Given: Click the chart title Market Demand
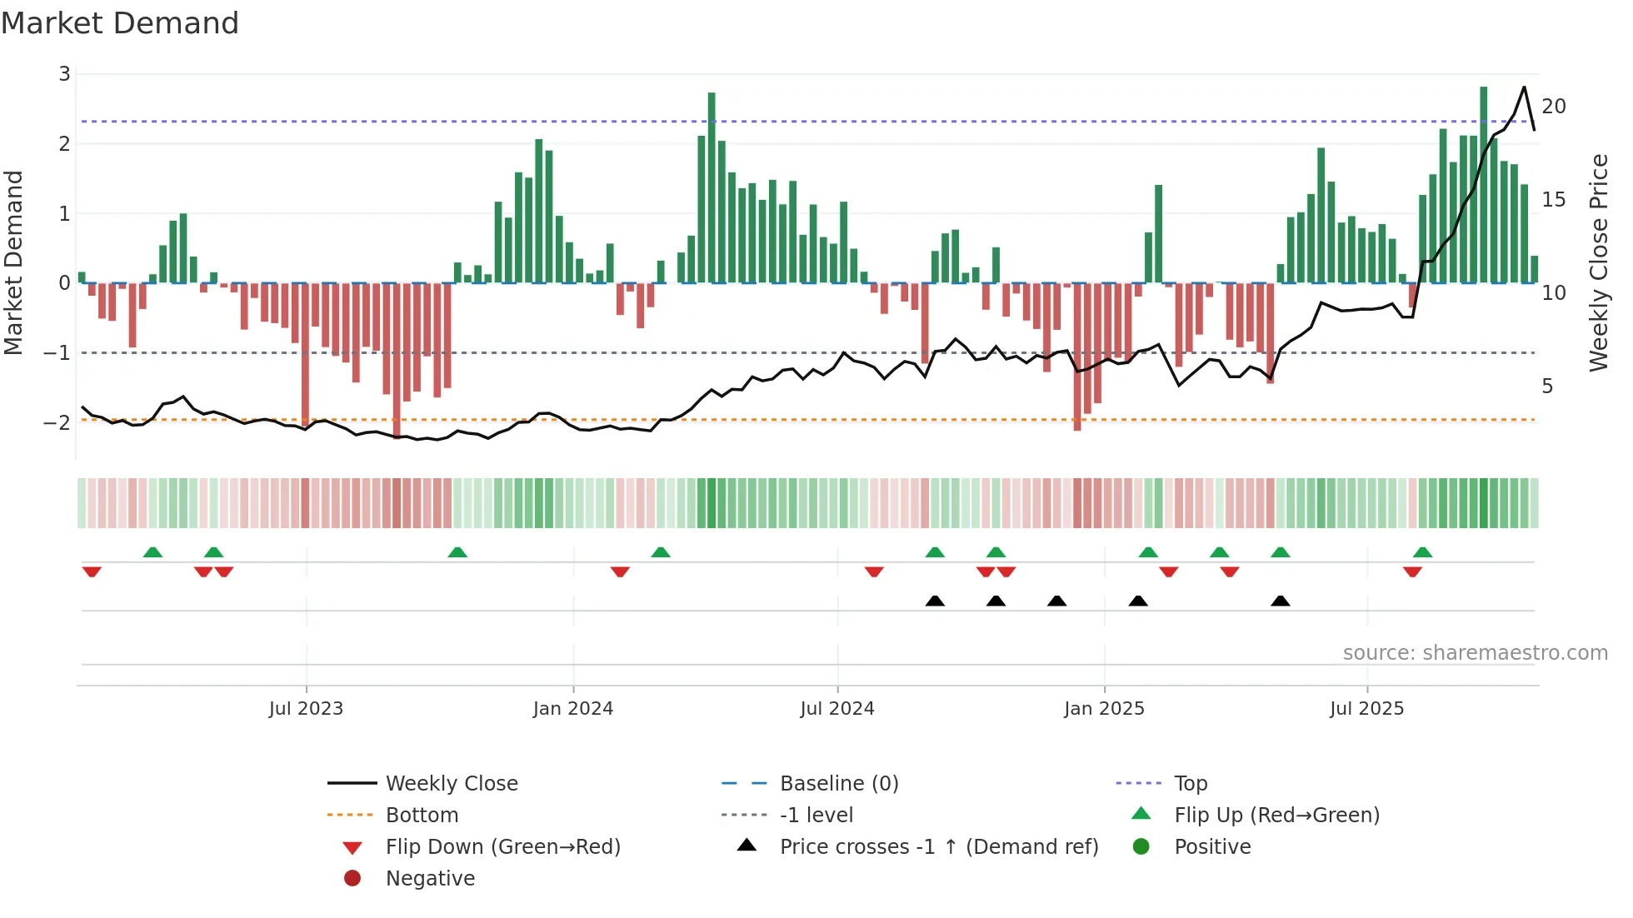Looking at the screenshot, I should click(x=120, y=23).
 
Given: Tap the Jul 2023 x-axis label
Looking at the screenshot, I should click(x=306, y=709).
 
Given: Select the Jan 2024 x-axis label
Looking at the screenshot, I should click(x=573, y=709).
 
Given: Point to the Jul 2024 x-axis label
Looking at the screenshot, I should click(x=837, y=709).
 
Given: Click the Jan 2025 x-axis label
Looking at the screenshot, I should click(x=1104, y=709).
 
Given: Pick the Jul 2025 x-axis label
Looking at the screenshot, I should click(x=1367, y=709).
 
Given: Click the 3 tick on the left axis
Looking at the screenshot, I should click(x=64, y=74).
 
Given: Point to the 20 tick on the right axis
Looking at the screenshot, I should click(x=1554, y=107).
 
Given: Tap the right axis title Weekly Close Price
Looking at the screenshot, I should click(x=1598, y=262).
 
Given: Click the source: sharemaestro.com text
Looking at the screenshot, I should click(x=1475, y=653).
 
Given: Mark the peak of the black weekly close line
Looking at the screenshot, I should click(x=1524, y=87).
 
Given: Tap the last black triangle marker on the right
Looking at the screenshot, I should click(x=1281, y=601).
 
